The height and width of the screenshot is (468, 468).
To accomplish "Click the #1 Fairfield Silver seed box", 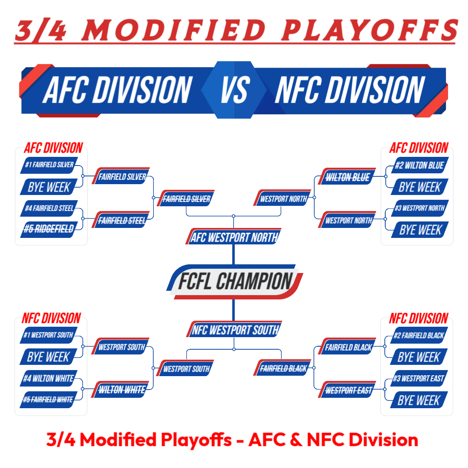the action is click(49, 165).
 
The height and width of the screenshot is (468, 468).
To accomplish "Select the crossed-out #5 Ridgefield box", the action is click(49, 229).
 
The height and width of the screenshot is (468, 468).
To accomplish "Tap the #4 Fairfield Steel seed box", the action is click(49, 208).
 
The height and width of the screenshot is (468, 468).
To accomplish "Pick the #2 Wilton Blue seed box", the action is click(419, 165).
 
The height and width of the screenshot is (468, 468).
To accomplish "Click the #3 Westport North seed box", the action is click(419, 208).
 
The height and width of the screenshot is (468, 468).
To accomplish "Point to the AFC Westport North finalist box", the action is click(234, 237).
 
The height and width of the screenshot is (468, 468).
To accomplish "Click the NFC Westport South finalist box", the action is click(234, 329).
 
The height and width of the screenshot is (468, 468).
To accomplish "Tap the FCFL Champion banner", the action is click(234, 282).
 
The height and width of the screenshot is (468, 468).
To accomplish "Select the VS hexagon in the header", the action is click(234, 90).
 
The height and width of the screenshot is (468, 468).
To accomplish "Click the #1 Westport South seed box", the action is click(49, 335).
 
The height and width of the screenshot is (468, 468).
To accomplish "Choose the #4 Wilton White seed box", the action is click(49, 378).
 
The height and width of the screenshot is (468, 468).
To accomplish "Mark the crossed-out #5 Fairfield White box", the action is click(49, 400).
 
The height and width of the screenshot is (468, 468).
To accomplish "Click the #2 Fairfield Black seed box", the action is click(419, 335).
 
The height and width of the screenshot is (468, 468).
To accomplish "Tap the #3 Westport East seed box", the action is click(419, 378).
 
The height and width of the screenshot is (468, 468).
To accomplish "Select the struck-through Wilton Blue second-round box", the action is click(347, 176).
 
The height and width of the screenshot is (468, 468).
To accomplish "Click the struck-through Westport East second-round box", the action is click(347, 390).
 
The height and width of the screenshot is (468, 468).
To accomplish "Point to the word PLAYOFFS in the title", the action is click(369, 30).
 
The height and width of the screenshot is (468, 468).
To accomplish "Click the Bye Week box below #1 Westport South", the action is click(49, 357).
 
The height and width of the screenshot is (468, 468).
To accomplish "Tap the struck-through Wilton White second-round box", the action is click(121, 389).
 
